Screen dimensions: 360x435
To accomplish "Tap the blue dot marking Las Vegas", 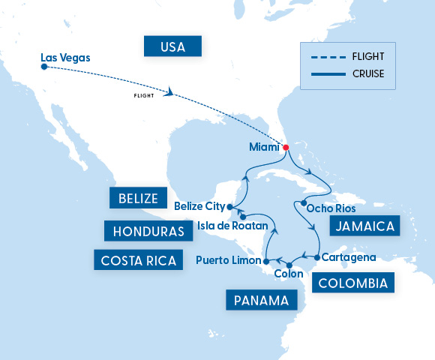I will (x=44, y=67).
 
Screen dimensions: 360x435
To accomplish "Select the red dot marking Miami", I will (x=286, y=146).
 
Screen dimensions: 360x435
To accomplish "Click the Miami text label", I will (x=264, y=147).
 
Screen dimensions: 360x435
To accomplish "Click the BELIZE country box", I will (x=137, y=198).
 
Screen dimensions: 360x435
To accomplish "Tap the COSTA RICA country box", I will (x=138, y=260).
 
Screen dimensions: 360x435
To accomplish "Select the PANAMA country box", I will (x=261, y=301).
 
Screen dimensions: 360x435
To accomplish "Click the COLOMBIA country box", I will (x=352, y=283).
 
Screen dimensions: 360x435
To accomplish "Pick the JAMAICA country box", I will (x=363, y=226).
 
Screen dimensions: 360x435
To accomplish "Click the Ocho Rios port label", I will (x=332, y=208).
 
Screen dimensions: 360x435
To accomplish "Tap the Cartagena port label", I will (x=349, y=257).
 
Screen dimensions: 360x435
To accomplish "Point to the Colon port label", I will (x=289, y=274).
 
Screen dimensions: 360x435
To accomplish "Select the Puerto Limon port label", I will (x=227, y=260).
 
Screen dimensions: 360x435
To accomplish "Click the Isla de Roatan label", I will (x=217, y=224).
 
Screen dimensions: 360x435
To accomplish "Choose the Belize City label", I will (x=199, y=205).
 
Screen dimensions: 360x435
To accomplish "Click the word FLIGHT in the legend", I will (x=367, y=55).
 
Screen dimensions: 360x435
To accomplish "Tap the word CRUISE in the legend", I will (x=367, y=73).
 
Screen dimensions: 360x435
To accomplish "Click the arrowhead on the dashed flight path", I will (x=172, y=93).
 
